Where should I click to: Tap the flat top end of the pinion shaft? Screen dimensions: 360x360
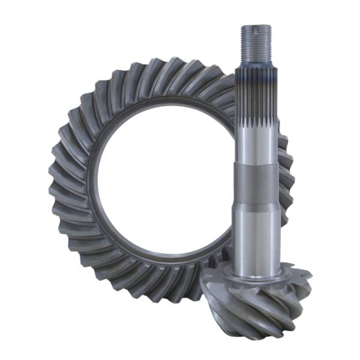coord(256,27)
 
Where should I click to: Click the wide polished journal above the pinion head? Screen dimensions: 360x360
coord(256,237)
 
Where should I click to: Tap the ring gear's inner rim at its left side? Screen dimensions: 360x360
coord(89,180)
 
